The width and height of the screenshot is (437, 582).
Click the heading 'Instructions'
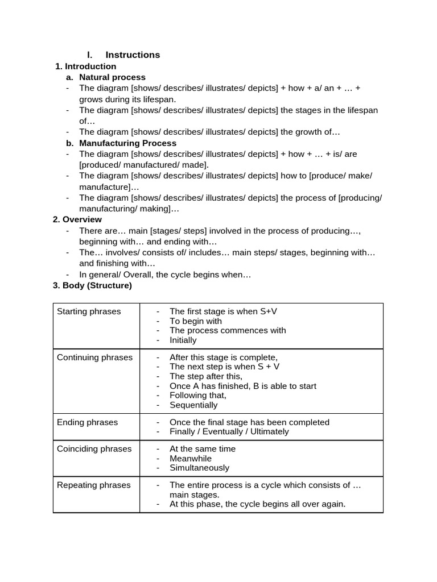tap(133, 55)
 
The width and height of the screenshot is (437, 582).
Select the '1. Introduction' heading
tap(85, 66)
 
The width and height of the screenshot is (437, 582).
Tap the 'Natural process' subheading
tap(112, 77)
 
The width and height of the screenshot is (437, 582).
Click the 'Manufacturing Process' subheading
tap(127, 143)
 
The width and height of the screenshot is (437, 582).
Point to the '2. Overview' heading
tap(77, 219)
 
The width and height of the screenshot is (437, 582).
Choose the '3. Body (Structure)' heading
tap(92, 285)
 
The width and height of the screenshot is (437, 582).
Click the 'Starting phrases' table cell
tap(89, 311)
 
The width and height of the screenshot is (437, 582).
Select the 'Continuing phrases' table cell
tap(94, 357)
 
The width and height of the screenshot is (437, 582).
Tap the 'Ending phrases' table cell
tap(87, 422)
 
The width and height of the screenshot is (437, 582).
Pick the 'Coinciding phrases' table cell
tap(94, 449)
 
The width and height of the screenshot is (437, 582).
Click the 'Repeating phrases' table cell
tap(93, 485)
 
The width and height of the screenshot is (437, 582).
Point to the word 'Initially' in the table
tap(183, 340)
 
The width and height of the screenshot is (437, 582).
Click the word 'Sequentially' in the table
tap(193, 405)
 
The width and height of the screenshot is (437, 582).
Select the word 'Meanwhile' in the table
tap(190, 459)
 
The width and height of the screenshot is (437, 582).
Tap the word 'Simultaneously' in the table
tap(199, 468)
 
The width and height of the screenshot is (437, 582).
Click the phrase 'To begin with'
tap(196, 321)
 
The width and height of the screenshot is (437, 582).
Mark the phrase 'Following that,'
tap(197, 396)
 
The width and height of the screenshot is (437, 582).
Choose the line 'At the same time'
tap(202, 449)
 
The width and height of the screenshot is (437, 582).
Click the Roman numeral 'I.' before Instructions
tap(89, 55)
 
